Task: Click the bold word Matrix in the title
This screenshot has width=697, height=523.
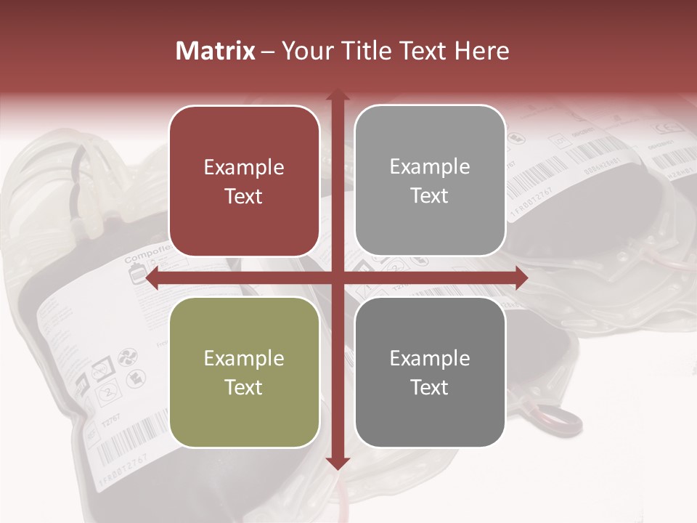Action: click(x=216, y=51)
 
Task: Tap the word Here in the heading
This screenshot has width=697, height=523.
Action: click(x=482, y=51)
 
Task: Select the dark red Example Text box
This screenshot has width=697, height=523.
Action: click(x=244, y=181)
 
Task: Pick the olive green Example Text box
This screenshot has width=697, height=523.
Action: click(x=244, y=372)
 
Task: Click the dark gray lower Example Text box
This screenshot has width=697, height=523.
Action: click(x=430, y=372)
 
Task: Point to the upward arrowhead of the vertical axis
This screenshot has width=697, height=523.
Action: click(x=337, y=94)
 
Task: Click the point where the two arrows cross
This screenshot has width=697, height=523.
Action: click(x=337, y=277)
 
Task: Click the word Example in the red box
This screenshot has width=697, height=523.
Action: click(x=244, y=167)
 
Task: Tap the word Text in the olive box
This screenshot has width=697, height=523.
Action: click(x=244, y=387)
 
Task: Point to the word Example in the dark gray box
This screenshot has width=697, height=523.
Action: click(x=430, y=358)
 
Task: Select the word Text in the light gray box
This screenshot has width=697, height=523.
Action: click(x=430, y=195)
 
